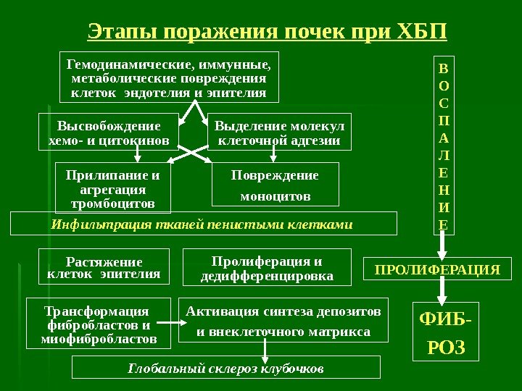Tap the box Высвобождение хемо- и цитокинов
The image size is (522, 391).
pos(108,131)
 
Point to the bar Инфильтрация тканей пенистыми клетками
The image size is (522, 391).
pos(204,224)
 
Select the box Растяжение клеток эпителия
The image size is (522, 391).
pos(103,266)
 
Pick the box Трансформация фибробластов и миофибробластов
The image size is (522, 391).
pos(99,324)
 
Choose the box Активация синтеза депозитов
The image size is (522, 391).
pos(283,321)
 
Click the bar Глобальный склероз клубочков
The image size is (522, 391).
pos(226,368)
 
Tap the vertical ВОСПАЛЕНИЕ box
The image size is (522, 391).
pos(444,145)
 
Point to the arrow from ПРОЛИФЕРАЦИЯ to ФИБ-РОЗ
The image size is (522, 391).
pos(444,291)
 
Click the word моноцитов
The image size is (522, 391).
pos(275,196)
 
